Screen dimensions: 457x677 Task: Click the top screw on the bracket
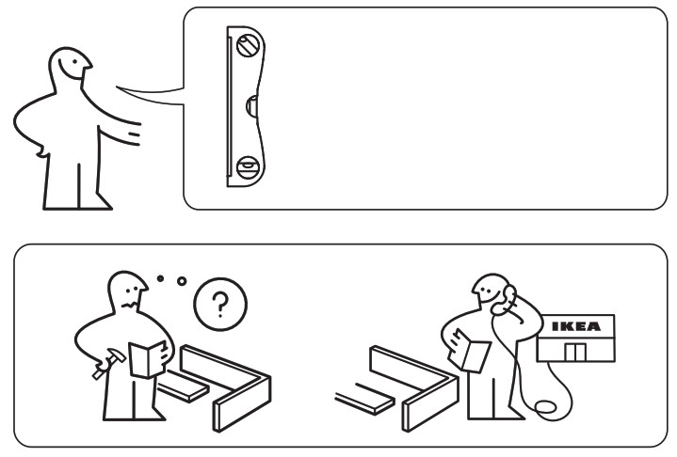pyautogui.click(x=248, y=43)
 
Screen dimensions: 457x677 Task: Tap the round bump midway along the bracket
pyautogui.click(x=251, y=105)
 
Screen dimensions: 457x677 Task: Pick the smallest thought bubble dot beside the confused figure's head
pyautogui.click(x=161, y=278)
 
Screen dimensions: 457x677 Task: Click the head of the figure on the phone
pyautogui.click(x=492, y=293)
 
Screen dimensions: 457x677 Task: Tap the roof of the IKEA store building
pyautogui.click(x=573, y=317)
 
